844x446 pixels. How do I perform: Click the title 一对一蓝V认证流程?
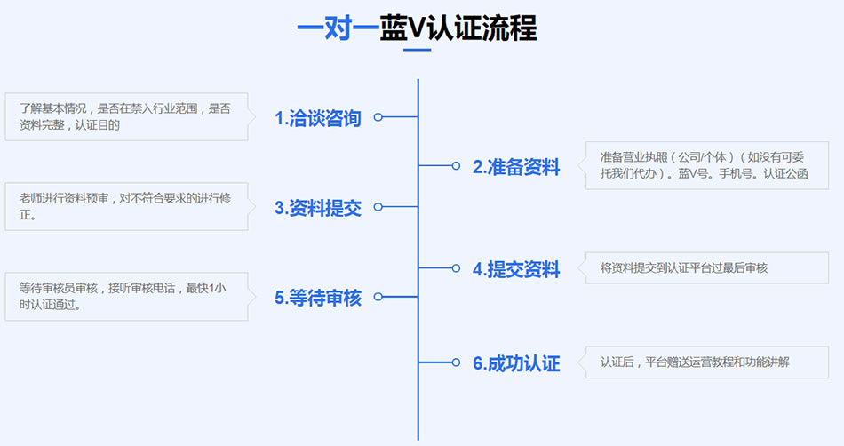[x=417, y=28]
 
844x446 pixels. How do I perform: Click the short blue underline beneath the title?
[x=417, y=50]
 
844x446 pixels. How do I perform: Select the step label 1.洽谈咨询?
[x=317, y=118]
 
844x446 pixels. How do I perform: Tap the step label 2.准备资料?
[x=516, y=167]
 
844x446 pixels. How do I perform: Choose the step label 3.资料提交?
[x=317, y=208]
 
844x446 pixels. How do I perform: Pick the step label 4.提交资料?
[x=516, y=269]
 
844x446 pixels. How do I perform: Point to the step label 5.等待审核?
[x=317, y=298]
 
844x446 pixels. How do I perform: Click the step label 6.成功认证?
[x=516, y=363]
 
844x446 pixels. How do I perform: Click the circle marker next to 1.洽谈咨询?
[x=378, y=117]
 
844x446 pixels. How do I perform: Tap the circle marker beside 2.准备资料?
[x=456, y=166]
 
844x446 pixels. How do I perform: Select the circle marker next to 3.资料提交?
[x=378, y=207]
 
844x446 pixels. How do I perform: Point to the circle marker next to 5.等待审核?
[x=378, y=297]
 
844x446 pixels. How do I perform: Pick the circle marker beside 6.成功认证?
[x=456, y=362]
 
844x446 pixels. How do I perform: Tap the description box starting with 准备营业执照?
[x=706, y=164]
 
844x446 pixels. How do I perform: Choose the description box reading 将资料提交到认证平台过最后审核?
[x=706, y=267]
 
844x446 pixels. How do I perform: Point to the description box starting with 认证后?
[x=706, y=362]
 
